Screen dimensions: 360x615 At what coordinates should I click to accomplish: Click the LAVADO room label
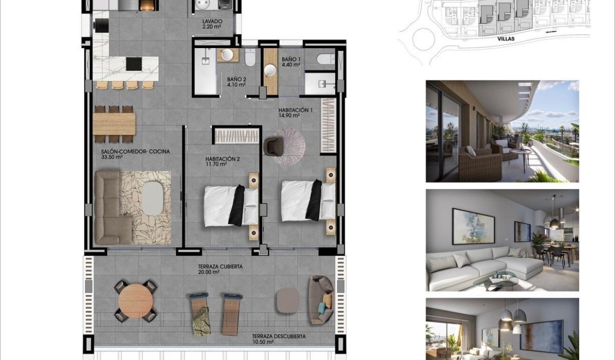(x=212, y=21)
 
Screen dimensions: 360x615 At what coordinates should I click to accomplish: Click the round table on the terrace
(x=135, y=300)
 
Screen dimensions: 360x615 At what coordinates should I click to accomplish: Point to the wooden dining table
(x=114, y=124)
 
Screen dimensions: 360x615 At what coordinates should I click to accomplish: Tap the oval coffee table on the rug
(x=152, y=199)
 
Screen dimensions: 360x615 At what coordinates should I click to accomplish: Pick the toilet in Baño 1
(x=326, y=60)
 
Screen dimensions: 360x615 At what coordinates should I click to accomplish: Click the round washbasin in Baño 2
(x=228, y=54)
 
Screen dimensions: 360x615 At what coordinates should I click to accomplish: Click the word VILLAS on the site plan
(x=506, y=39)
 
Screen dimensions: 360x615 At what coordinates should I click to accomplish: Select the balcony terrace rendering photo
(x=502, y=131)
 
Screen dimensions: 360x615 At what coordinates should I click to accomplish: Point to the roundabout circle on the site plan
(x=423, y=39)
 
